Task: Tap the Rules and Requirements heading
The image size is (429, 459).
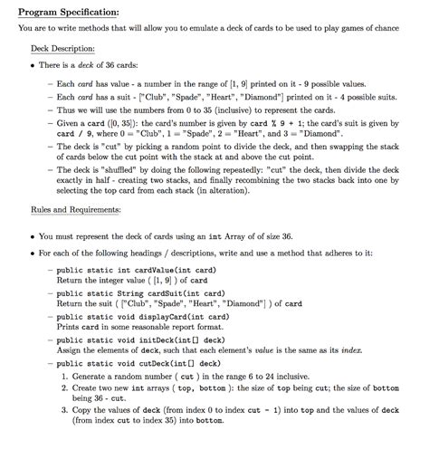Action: (74, 209)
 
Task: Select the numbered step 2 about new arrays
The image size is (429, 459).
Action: (235, 393)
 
